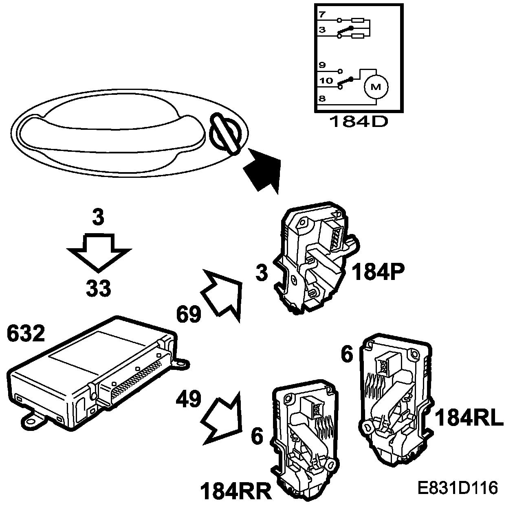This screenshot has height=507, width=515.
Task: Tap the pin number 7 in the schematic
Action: (x=322, y=15)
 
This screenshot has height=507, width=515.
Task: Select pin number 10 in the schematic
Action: (x=326, y=81)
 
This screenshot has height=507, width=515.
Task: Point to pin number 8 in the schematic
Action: (x=322, y=98)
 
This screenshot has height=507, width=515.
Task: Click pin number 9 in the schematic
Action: (x=322, y=65)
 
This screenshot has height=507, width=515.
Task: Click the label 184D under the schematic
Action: (x=359, y=121)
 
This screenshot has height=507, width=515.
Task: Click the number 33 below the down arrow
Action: (x=99, y=288)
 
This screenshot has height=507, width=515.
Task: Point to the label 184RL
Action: (x=469, y=418)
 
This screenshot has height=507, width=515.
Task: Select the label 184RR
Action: (x=235, y=491)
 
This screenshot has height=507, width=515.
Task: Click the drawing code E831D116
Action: (x=458, y=488)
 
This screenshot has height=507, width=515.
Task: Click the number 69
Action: (x=189, y=315)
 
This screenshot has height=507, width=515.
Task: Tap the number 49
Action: (x=189, y=399)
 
